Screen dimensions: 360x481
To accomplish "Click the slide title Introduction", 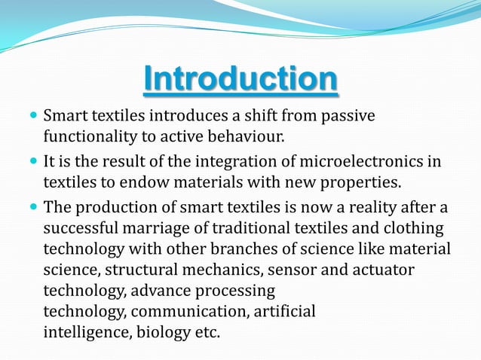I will [240, 81].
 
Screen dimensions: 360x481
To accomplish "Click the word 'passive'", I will [348, 117].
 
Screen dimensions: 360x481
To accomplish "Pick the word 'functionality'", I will [88, 137].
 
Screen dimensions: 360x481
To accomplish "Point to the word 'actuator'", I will [385, 269].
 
